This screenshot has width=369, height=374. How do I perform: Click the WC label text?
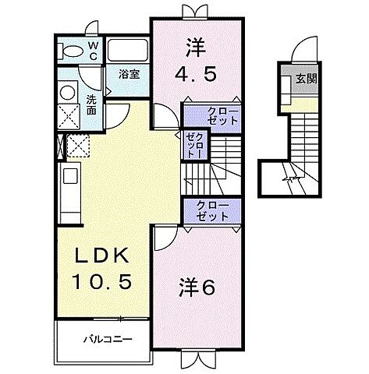coord(92,51)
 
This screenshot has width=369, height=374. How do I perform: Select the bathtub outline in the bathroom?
coord(127,52)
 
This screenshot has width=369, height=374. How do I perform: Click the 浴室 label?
coord(129,75)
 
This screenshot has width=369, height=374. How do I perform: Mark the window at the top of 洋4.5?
coord(191,12)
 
